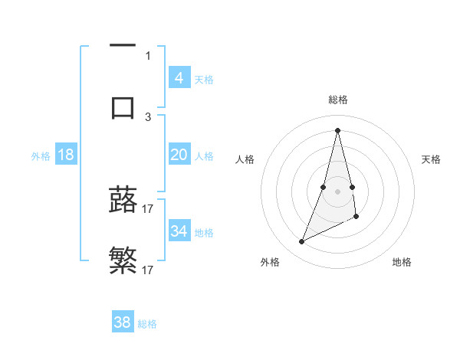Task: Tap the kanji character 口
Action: [x=123, y=107]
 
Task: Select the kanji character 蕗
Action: [x=123, y=200]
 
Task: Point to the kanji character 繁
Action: [x=123, y=261]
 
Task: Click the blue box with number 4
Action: [x=179, y=77]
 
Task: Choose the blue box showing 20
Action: [x=179, y=155]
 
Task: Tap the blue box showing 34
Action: [x=179, y=231]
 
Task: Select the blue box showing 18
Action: [x=65, y=155]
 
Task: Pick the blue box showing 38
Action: [x=122, y=322]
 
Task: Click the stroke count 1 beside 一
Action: [x=148, y=55]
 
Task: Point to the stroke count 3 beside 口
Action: [x=148, y=116]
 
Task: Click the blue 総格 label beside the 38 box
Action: [x=147, y=324]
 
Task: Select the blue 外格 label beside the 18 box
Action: [x=41, y=156]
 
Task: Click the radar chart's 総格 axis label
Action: [x=337, y=100]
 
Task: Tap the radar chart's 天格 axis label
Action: [x=432, y=159]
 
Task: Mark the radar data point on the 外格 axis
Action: [x=301, y=241]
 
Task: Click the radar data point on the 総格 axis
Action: [x=337, y=129]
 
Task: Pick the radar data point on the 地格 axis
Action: [x=356, y=217]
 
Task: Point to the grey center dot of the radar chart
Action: [x=337, y=191]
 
